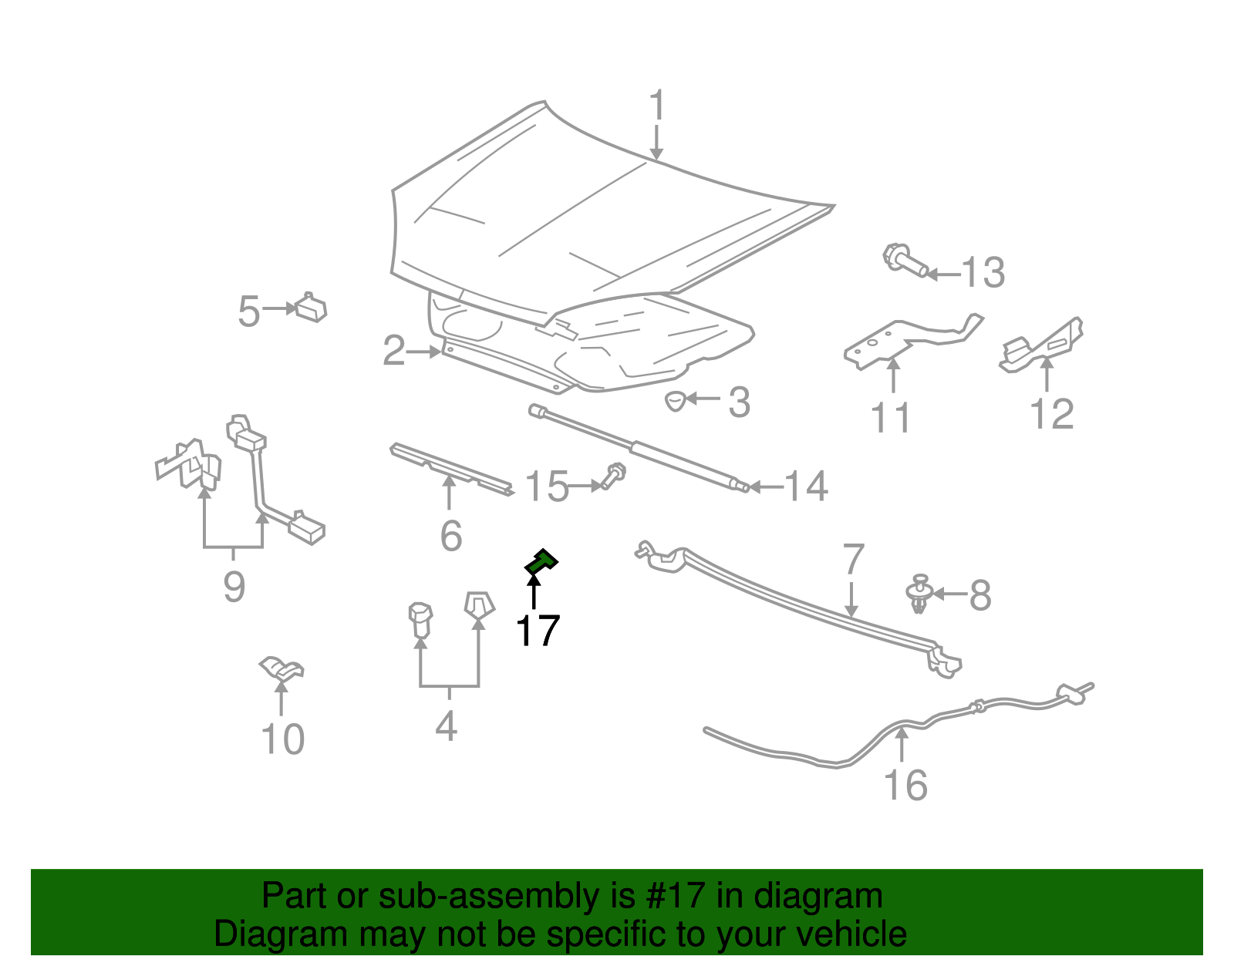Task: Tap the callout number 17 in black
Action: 537,631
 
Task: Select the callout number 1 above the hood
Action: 656,106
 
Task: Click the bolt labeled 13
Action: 904,260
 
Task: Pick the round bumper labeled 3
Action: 676,400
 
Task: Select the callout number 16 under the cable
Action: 905,785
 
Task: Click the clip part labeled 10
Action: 281,668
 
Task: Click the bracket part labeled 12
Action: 1041,345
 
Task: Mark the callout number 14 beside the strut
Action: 806,487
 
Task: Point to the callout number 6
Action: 450,536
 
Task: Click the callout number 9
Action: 234,587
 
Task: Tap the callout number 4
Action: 447,726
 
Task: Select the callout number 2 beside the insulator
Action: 394,351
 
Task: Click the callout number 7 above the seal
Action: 852,561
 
